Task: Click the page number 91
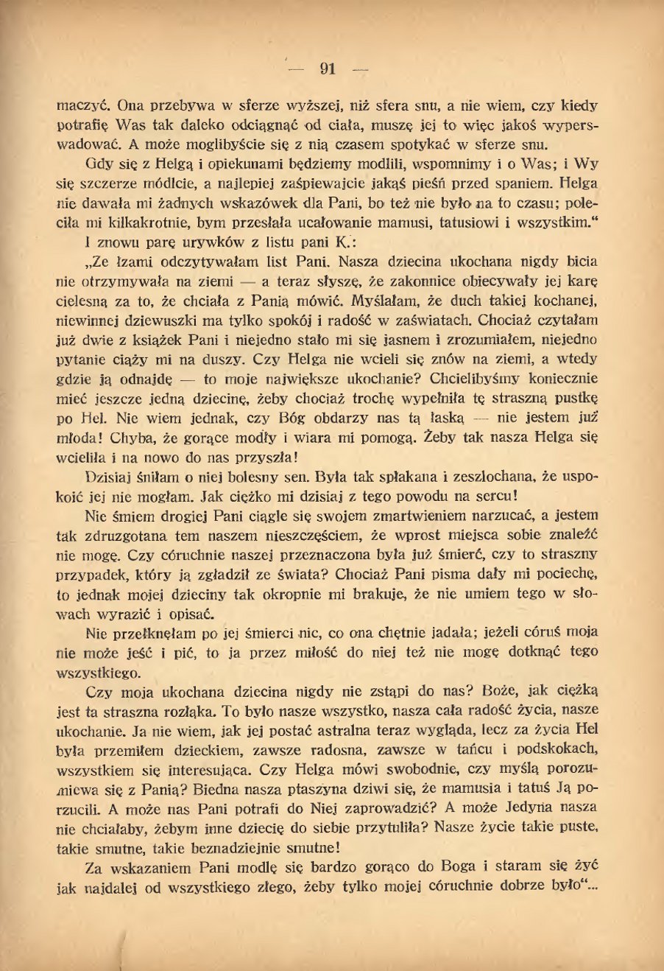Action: coord(328,69)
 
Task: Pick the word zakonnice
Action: coord(446,281)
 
